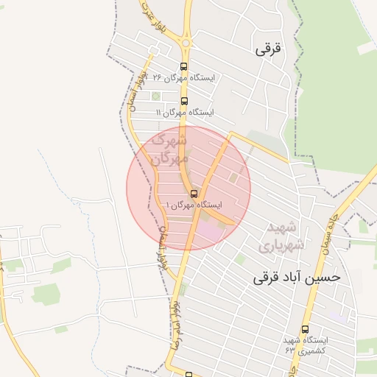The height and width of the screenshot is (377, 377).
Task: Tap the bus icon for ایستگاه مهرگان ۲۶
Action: pos(183,66)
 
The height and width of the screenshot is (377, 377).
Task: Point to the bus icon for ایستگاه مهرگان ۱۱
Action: pos(183,102)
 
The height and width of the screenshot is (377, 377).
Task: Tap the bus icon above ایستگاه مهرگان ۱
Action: pos(194,194)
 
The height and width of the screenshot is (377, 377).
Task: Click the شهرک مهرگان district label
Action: pos(169,148)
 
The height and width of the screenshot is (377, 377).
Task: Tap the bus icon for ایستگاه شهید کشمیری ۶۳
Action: pos(306,330)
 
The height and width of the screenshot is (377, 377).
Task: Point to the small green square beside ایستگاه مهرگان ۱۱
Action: pos(155,96)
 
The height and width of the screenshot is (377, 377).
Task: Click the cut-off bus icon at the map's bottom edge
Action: pos(188,374)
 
